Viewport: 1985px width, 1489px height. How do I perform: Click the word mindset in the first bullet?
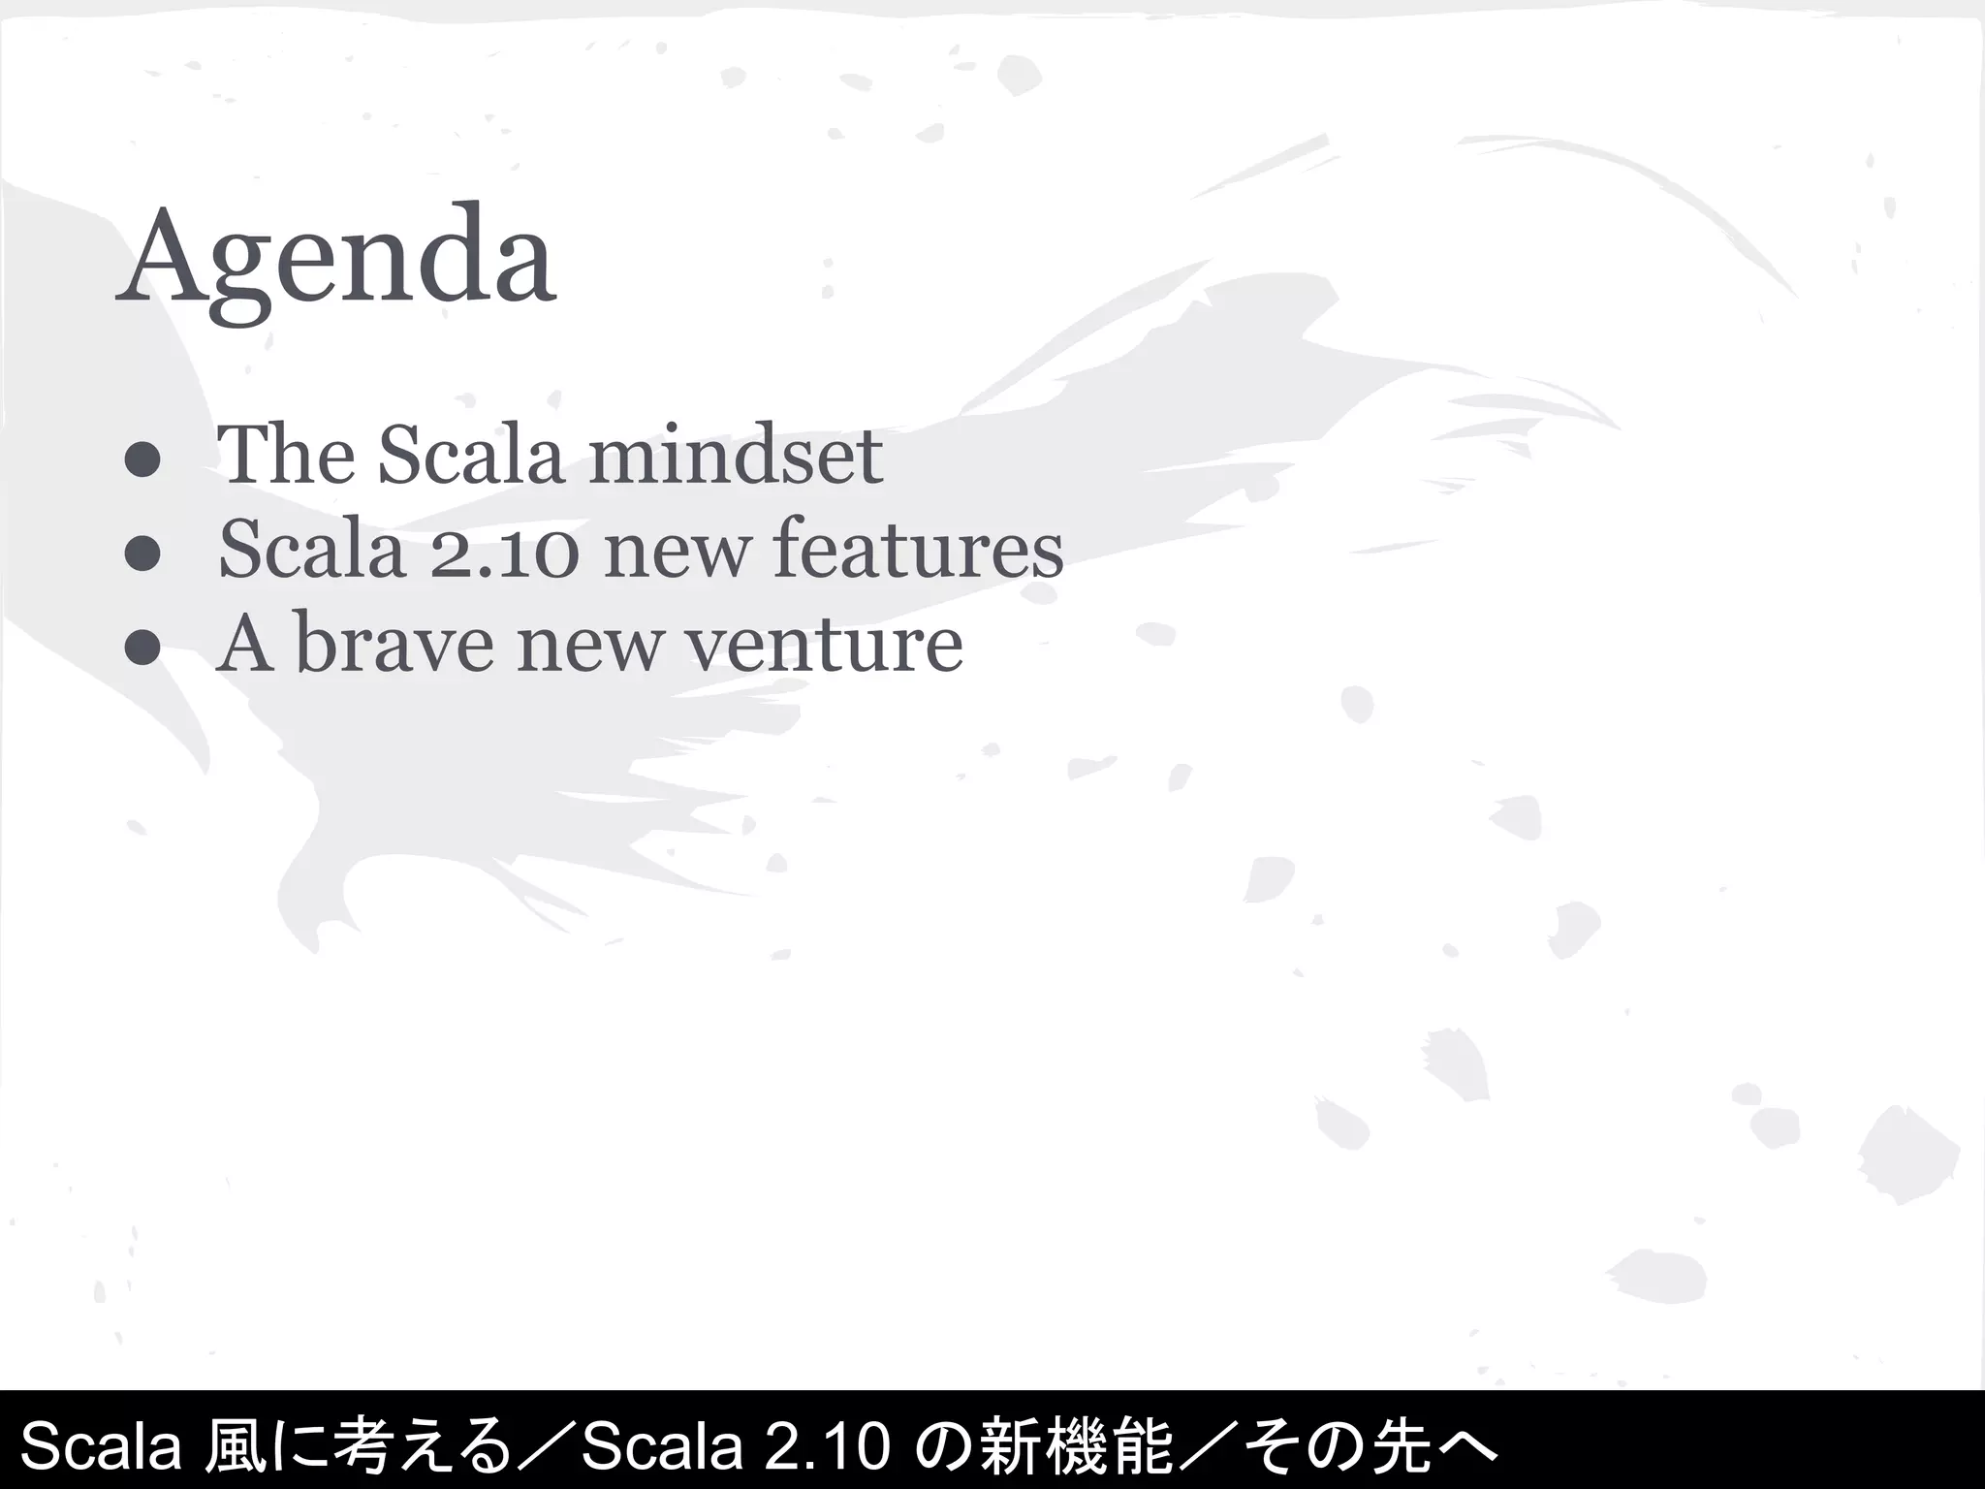click(737, 455)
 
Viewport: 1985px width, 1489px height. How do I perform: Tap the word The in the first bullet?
click(286, 455)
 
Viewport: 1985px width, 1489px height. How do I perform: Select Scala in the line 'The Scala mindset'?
click(470, 455)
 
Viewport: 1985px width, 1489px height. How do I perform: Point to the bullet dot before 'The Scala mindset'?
click(142, 462)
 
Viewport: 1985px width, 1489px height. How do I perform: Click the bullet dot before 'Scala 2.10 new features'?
click(142, 555)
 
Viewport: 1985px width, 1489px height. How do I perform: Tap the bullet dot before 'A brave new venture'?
click(142, 649)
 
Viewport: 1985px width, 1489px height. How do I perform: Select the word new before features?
click(677, 550)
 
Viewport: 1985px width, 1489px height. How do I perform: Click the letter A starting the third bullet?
click(243, 644)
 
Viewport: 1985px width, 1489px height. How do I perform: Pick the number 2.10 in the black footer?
click(829, 1445)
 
